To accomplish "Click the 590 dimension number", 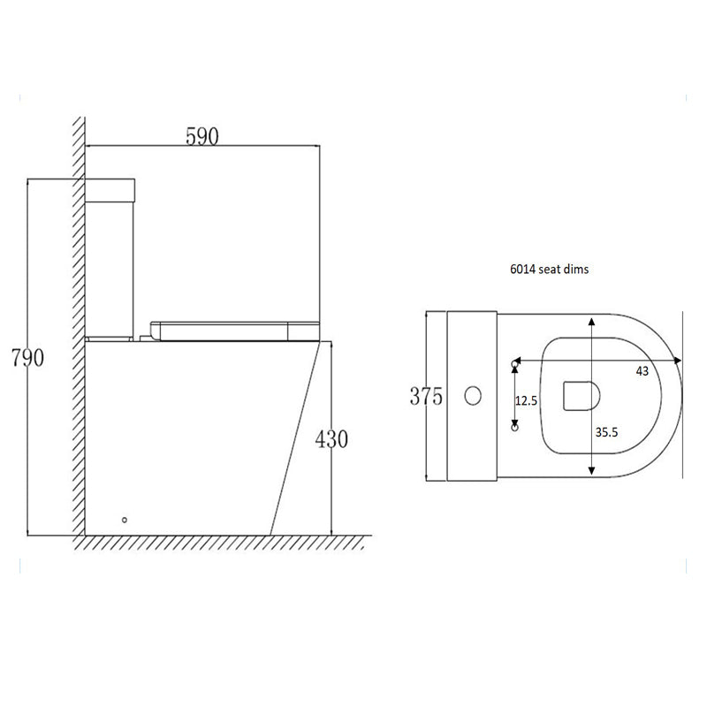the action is pos(202,136).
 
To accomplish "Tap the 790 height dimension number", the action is pos(27,358).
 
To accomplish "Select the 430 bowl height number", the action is pos(331,439).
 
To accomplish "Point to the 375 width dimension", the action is pos(426,396).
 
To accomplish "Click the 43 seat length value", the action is pos(642,371).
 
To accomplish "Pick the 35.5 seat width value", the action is pos(606,432).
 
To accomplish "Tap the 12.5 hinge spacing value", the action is pos(526,400).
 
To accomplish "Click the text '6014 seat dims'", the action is pos(549,270).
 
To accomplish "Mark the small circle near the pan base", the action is pos(125,520).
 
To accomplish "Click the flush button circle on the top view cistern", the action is pos(473,396).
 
